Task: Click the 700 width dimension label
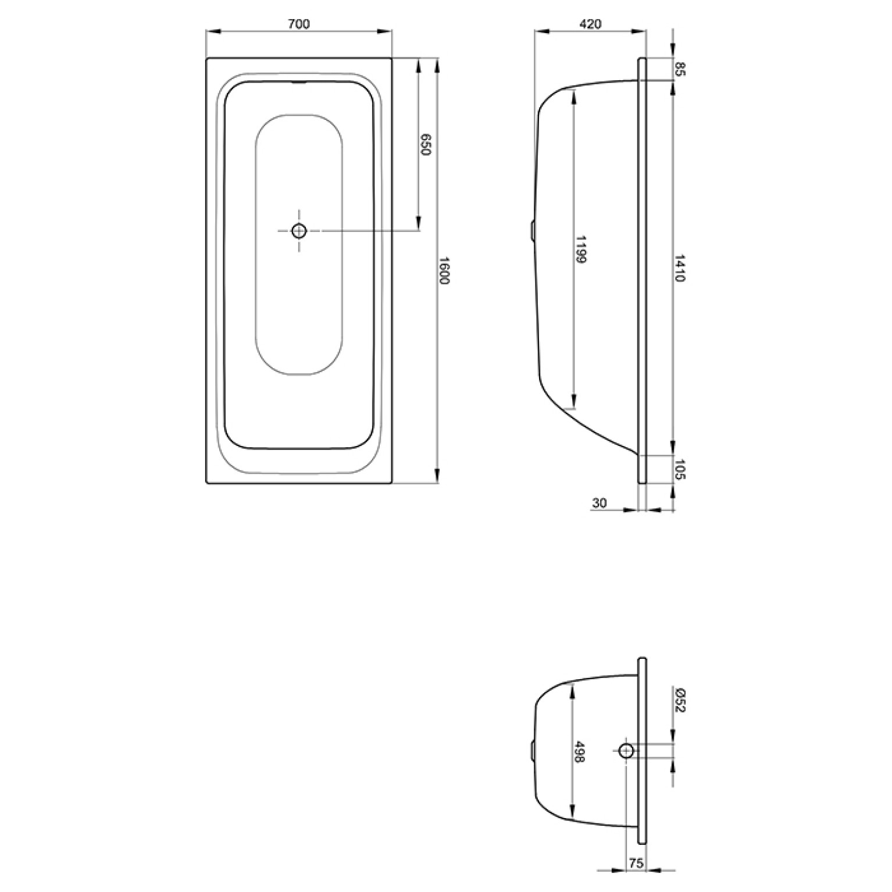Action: point(299,24)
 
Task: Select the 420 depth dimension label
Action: point(590,24)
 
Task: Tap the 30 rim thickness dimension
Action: point(599,503)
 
